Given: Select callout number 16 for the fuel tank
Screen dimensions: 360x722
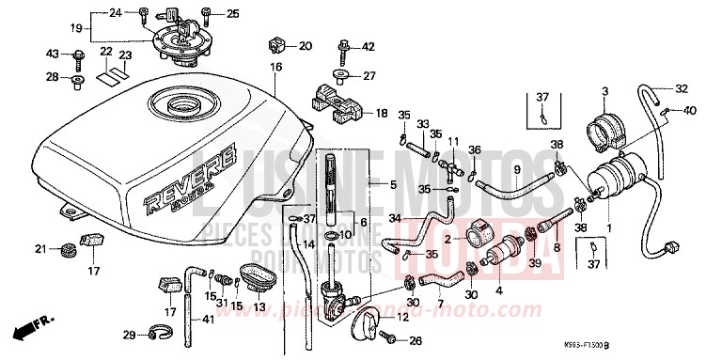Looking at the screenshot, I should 276,68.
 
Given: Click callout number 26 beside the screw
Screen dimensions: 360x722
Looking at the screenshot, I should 415,341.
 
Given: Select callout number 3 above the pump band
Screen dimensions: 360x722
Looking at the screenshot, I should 604,90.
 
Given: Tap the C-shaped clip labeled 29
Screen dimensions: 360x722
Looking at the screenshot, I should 161,331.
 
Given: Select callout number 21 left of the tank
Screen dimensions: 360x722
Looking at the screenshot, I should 40,248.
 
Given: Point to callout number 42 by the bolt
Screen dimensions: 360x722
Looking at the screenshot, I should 368,46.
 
